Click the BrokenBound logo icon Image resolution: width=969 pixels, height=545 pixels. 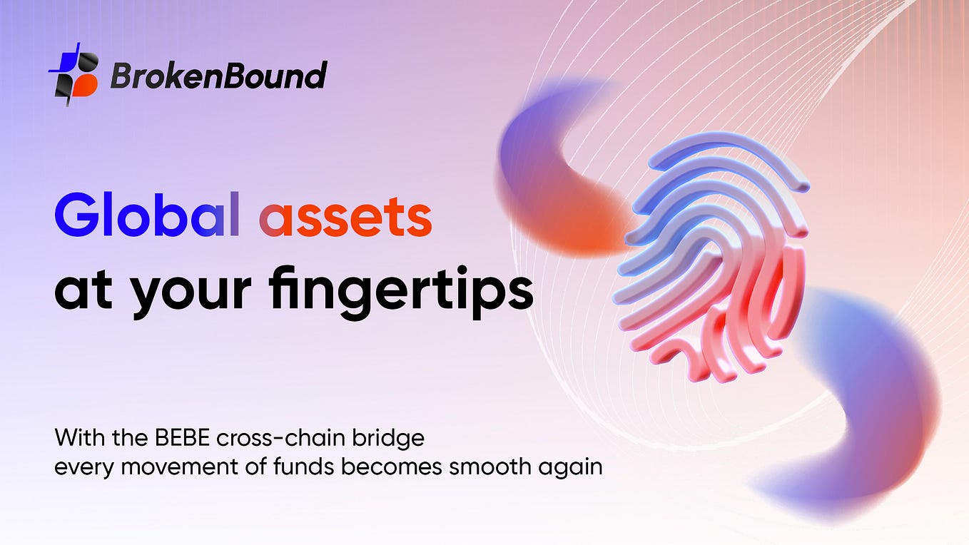(73, 73)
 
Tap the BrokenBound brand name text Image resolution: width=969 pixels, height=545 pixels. (218, 75)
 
